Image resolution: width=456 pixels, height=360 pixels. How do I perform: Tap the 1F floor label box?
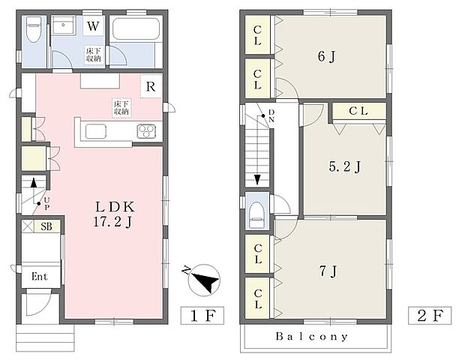point(202,316)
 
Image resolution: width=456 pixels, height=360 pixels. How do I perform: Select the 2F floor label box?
point(430,316)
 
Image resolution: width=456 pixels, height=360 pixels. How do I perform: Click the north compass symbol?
point(203,280)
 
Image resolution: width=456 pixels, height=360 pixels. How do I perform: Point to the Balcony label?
point(312,337)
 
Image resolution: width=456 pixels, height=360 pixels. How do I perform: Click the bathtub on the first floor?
point(136,28)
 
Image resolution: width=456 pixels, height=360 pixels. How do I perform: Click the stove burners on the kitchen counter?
point(146,131)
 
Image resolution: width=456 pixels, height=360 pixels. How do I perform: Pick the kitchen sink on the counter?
point(96,131)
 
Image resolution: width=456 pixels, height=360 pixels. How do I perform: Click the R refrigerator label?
point(151,86)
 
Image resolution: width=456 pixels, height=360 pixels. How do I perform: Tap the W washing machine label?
point(93,26)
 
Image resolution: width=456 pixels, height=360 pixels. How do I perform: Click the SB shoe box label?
point(46,226)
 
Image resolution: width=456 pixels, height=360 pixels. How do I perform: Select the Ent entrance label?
point(40,276)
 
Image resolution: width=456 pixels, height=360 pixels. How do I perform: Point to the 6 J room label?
point(327,56)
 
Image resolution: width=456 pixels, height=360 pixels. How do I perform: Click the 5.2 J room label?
point(345,166)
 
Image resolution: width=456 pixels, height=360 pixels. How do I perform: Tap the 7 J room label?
point(328,271)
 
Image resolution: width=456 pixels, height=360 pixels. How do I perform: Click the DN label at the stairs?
point(271,115)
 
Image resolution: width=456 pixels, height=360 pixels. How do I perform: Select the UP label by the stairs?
point(46,203)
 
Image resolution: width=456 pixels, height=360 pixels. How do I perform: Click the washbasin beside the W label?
point(64,25)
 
